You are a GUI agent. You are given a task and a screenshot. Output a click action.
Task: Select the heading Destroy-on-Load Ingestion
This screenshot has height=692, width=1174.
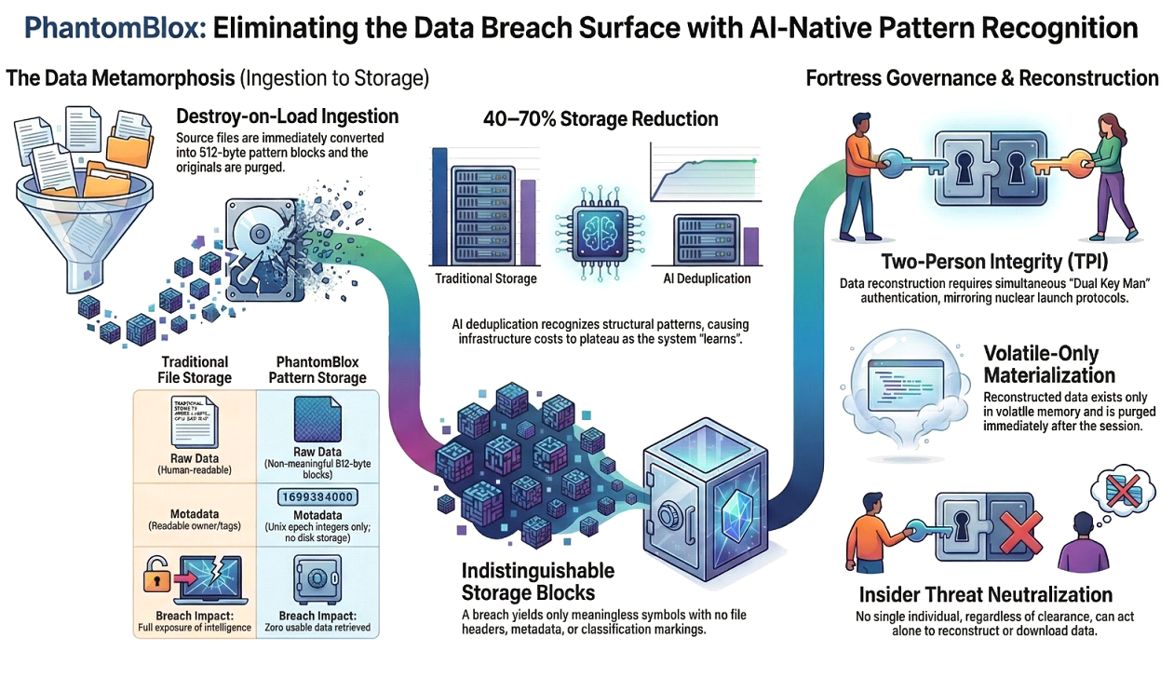click(x=287, y=116)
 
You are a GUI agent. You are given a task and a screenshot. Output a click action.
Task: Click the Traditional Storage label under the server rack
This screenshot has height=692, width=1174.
click(x=485, y=278)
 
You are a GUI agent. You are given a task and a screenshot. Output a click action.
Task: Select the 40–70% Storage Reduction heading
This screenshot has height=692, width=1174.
click(x=600, y=119)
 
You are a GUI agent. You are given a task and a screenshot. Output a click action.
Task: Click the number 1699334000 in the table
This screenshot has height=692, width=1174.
click(x=317, y=496)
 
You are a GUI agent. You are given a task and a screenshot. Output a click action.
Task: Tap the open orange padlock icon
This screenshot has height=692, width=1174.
click(x=155, y=578)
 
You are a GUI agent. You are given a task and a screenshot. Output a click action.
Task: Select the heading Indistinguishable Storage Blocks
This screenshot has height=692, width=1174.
click(x=538, y=581)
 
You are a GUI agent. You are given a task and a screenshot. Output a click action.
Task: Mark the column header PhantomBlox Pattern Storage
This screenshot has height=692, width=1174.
click(x=317, y=370)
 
